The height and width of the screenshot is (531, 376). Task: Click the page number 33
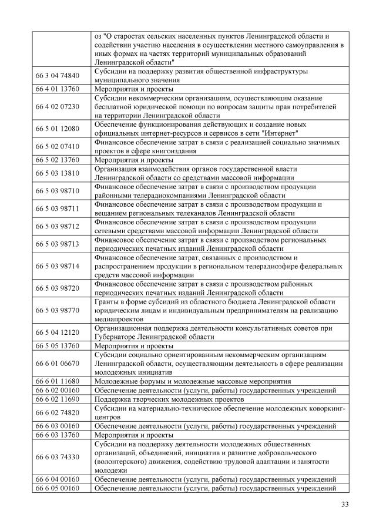[344, 505]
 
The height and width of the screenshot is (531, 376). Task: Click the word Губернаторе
[115, 337]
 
